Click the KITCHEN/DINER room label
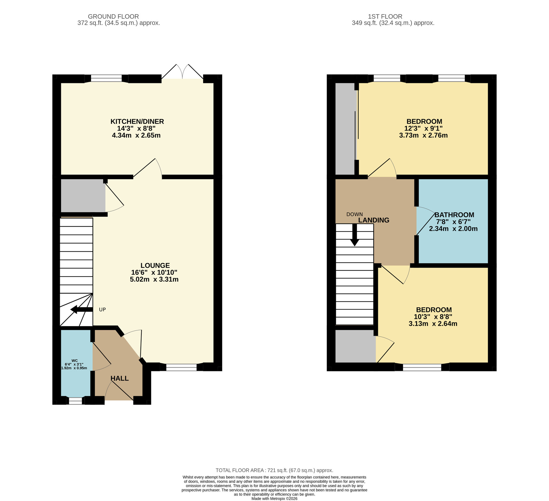(x=137, y=121)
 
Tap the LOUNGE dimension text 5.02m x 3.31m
(x=154, y=279)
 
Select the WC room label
(x=74, y=361)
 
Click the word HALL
(x=119, y=378)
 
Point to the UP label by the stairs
(x=102, y=309)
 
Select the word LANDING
(x=374, y=220)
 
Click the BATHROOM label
(x=454, y=215)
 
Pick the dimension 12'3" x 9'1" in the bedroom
(x=423, y=128)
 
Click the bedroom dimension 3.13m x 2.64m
(x=433, y=324)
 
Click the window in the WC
(x=75, y=401)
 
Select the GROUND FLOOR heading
(x=113, y=16)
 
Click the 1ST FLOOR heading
(x=385, y=16)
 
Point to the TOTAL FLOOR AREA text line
(x=274, y=470)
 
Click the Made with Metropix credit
(x=274, y=499)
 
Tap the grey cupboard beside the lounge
(x=83, y=195)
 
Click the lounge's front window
(x=181, y=367)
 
